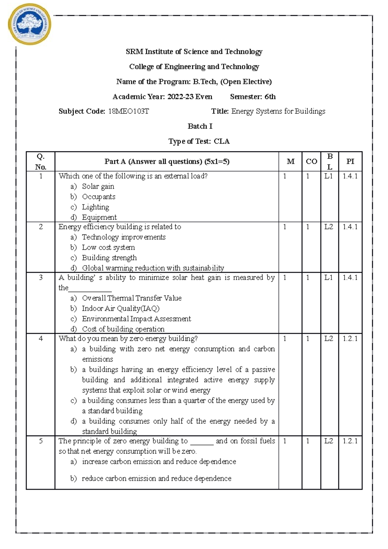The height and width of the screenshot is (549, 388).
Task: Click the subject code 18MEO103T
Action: pos(128,112)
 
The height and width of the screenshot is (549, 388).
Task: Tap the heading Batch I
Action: pos(200,126)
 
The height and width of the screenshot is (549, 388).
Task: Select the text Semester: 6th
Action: pos(253,97)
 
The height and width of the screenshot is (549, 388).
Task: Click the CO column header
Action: pos(311,161)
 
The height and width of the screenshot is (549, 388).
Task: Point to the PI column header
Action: pos(350,161)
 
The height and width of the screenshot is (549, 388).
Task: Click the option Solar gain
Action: pos(98,187)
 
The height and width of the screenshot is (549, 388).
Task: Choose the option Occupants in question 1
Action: pos(99,197)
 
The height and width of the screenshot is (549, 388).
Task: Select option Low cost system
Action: pos(108,248)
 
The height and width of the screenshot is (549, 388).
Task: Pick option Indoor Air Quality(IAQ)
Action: pos(121,309)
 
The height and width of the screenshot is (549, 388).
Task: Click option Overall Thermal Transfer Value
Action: pos(132,298)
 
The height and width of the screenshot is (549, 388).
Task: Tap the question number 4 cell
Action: pos(41,339)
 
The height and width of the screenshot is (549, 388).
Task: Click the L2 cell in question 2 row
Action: pos(329,227)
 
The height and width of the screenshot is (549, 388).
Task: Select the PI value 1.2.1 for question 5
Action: pos(350,441)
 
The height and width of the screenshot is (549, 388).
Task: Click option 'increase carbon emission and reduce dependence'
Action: pos(159,462)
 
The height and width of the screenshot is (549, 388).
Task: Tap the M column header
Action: pos(290,161)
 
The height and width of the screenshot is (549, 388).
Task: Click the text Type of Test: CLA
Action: pos(199,142)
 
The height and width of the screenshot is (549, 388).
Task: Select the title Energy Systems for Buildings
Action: pos(278,112)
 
